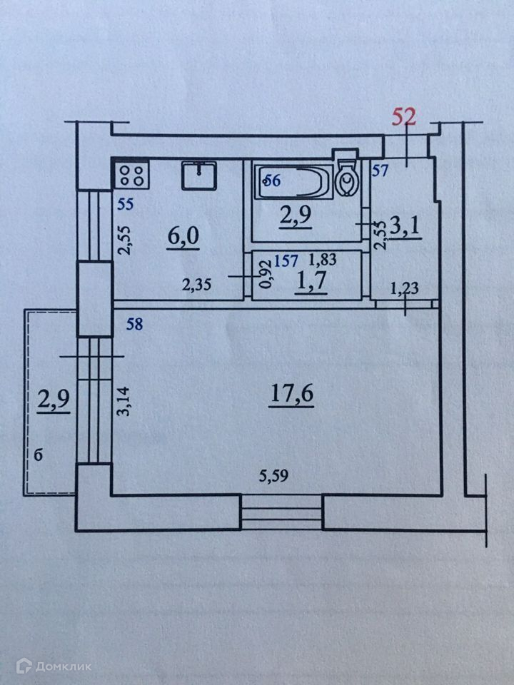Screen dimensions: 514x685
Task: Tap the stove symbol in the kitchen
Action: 130,175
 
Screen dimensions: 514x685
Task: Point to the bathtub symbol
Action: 293,181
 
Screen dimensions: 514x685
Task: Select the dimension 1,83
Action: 321,261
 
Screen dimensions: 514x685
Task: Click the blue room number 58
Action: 133,325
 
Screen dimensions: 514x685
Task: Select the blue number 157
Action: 286,261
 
